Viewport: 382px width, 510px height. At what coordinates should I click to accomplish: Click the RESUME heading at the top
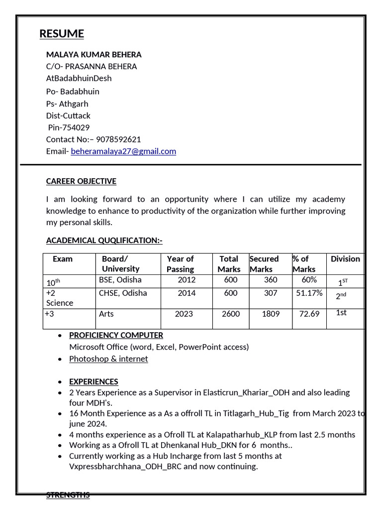[x=62, y=34]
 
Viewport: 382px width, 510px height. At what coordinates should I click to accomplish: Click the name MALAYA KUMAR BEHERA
[x=94, y=54]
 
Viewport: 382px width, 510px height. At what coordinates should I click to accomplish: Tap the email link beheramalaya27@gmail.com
[x=123, y=151]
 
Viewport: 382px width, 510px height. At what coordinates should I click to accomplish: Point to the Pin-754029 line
[x=69, y=127]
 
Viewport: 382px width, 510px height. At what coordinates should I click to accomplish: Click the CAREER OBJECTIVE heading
[x=81, y=181]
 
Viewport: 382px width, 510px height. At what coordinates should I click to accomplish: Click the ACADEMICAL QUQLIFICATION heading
[x=104, y=240]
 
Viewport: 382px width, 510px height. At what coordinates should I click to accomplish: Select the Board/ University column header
[x=120, y=263]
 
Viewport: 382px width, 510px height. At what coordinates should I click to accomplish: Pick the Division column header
[x=345, y=258]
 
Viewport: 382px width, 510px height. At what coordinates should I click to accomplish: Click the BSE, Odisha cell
[x=120, y=280]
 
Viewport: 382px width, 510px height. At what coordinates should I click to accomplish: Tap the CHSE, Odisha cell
[x=123, y=293]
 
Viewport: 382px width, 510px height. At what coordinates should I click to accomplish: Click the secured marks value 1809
[x=271, y=314]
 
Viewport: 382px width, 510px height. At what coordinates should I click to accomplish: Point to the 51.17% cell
[x=309, y=293]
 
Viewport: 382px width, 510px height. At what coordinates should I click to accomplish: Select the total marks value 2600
[x=231, y=314]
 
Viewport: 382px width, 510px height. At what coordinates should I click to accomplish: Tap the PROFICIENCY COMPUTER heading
[x=116, y=335]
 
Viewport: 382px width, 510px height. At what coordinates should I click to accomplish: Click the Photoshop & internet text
[x=108, y=359]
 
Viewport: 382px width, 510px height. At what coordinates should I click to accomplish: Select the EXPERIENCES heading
[x=94, y=382]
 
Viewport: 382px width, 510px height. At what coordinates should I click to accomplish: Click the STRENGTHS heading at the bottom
[x=68, y=495]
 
